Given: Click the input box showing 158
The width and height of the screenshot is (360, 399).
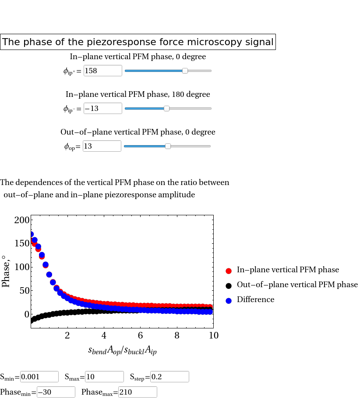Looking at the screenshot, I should coord(102,71).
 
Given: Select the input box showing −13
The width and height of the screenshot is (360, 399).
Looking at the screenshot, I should coord(102,108).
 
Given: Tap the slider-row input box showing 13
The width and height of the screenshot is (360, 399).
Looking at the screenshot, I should coord(102,146).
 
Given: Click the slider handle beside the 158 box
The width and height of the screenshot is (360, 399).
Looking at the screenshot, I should coord(185,71).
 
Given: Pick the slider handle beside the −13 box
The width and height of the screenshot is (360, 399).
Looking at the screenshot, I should coord(166,108).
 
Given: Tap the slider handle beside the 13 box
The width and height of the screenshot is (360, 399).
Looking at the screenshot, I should coord(168,146).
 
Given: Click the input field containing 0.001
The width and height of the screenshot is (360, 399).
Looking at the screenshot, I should coord(39,377).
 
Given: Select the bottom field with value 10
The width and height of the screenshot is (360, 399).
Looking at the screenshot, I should coord(104,377).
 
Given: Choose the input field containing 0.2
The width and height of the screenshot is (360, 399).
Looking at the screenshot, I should coord(169,377).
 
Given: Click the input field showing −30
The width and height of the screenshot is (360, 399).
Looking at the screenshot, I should coord(56,392).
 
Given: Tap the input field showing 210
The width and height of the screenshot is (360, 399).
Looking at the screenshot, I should coord(138,392).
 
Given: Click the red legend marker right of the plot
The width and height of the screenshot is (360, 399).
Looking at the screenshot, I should coord(229,271).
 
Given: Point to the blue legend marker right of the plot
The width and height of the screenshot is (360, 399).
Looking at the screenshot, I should coord(229,301).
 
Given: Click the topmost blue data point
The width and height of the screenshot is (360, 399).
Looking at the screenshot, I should coord(31,234).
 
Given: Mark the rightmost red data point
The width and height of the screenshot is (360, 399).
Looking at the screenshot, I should coord(210,307).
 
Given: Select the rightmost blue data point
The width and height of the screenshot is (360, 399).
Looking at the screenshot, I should coord(210,312).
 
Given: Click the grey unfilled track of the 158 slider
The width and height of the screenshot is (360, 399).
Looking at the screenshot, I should coord(200,71).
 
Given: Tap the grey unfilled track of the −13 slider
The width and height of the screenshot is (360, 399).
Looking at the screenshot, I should coord(191,108).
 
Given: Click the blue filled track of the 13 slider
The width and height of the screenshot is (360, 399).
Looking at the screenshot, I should coord(145,146).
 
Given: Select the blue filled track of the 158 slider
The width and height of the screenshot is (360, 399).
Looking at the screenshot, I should coord(153,71).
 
